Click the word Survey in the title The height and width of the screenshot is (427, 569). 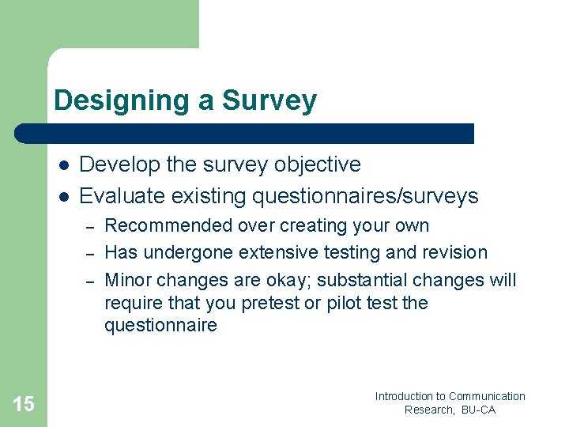(x=269, y=101)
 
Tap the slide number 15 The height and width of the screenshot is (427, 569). (x=24, y=405)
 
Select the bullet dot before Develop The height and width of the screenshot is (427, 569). (x=63, y=165)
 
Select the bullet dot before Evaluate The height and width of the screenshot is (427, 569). (x=63, y=196)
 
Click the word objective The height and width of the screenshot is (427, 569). (x=317, y=165)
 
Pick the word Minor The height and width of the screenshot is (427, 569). (x=130, y=280)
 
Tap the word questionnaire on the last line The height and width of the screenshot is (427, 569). (x=160, y=326)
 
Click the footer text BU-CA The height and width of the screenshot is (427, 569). (x=478, y=410)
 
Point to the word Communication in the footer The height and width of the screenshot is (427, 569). (x=487, y=396)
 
